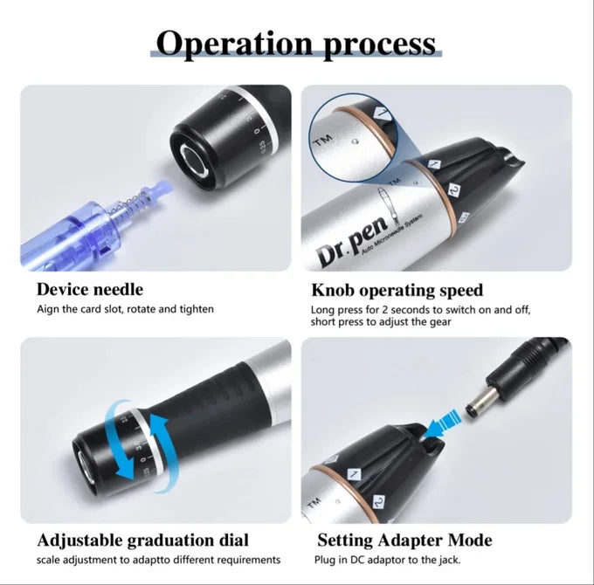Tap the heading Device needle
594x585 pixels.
(x=89, y=289)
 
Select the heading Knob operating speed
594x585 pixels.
(x=397, y=289)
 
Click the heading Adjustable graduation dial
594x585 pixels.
(x=142, y=540)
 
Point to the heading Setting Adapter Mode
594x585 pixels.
(x=404, y=540)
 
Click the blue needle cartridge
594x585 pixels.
(x=66, y=230)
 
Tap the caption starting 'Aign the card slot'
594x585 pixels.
(x=125, y=309)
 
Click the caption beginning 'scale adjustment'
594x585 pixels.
(x=158, y=560)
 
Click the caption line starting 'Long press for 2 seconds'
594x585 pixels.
(x=420, y=310)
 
